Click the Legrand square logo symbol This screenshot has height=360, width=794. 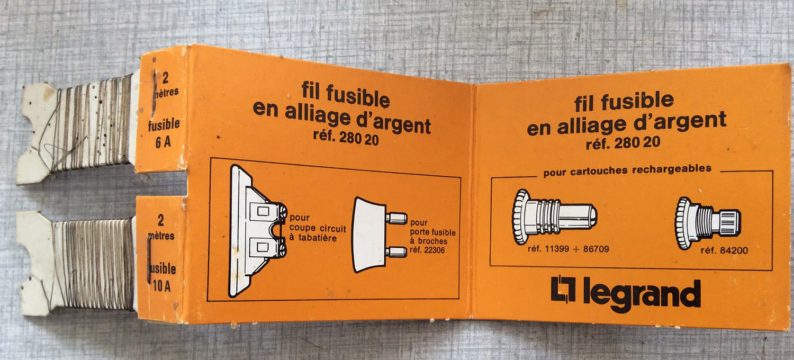(x=563, y=289)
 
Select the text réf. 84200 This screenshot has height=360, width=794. (x=724, y=250)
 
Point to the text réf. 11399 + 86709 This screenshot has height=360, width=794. (x=568, y=249)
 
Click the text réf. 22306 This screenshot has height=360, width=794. (x=427, y=250)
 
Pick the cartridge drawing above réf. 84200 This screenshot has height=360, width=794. (x=708, y=223)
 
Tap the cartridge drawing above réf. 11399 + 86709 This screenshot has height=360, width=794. (x=554, y=217)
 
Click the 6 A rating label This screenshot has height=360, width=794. (x=163, y=142)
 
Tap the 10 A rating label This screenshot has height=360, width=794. (x=161, y=286)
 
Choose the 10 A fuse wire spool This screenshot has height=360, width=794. (x=76, y=264)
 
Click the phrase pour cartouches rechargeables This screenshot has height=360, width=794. (x=627, y=170)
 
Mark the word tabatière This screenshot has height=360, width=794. (x=317, y=238)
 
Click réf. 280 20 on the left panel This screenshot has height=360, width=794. (x=346, y=138)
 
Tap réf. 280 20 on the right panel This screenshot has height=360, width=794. (x=623, y=142)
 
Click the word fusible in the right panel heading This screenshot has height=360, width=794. (x=637, y=101)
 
